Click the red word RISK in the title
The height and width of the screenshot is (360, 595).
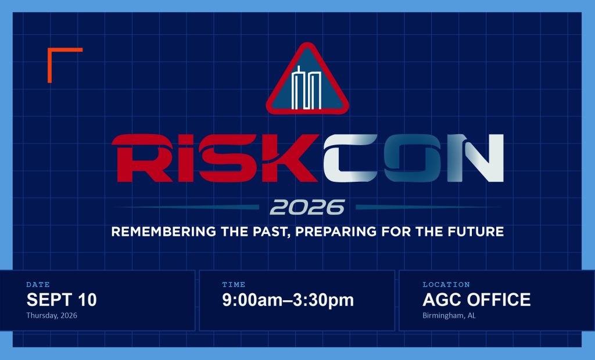point(215,158)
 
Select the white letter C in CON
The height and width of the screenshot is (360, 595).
point(350,158)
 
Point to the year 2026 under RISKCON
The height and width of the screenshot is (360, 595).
point(307,207)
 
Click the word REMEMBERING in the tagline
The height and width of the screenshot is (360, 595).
point(163,232)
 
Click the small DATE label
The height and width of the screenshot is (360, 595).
point(38,285)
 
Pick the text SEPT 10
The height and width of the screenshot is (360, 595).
point(62,300)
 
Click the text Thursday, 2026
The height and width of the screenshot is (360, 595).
point(52,316)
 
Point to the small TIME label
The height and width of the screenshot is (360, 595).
point(234,285)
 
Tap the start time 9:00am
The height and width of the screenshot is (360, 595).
point(252,300)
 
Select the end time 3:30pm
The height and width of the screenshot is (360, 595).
point(323,300)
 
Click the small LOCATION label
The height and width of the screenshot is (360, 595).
point(446,285)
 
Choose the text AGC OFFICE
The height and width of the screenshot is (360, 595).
point(476,300)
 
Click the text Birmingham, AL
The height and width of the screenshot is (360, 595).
point(449,316)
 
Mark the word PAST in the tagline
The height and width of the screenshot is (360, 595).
point(271,232)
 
